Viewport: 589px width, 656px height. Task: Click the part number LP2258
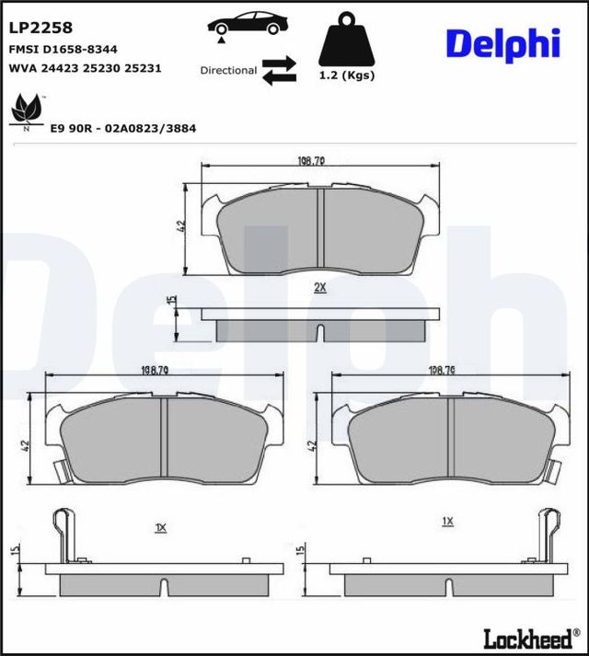(x=40, y=29)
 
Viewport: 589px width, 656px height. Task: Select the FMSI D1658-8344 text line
(x=63, y=49)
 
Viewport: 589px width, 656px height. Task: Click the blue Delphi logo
(x=502, y=42)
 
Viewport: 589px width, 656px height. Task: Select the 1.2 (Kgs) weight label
(x=346, y=75)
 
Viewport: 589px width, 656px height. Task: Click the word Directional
(x=228, y=70)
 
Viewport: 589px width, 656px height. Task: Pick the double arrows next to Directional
(x=279, y=70)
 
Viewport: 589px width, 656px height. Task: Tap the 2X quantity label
(x=319, y=287)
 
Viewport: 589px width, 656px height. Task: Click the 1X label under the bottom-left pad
(x=160, y=527)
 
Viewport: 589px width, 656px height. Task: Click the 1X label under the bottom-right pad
(x=447, y=521)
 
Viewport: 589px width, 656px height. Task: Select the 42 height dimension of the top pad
(x=182, y=225)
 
